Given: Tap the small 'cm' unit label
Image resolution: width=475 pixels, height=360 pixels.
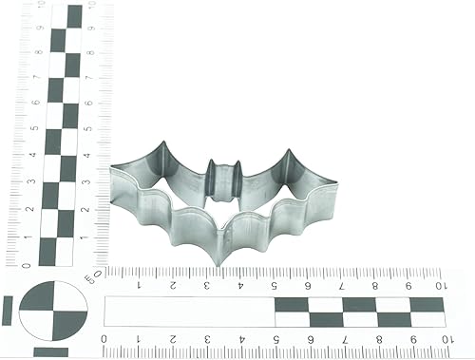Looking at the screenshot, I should (x=92, y=277).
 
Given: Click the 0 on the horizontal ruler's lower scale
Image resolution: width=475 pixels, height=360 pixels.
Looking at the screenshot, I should (x=104, y=339).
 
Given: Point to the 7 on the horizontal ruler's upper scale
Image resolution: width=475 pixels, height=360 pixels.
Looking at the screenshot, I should (x=342, y=283).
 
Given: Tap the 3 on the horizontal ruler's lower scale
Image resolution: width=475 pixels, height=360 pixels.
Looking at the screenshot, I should (x=205, y=339).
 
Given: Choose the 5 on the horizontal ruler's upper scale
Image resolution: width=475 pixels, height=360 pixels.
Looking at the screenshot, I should (x=275, y=283).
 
